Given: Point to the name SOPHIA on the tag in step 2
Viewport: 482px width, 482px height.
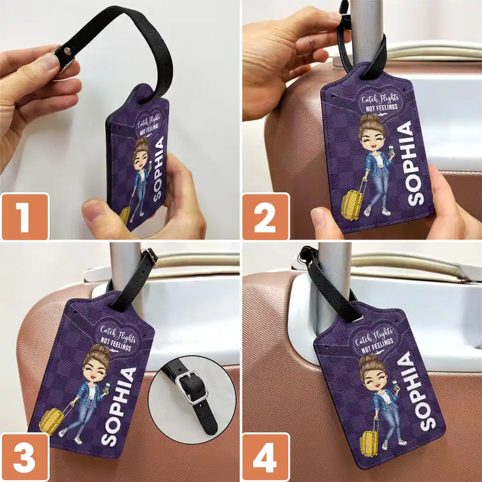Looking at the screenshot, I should [415, 163].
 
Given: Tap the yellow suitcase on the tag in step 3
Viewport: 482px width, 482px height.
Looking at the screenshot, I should [52, 419].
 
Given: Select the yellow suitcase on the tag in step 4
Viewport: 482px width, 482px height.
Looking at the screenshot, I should [369, 443].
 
